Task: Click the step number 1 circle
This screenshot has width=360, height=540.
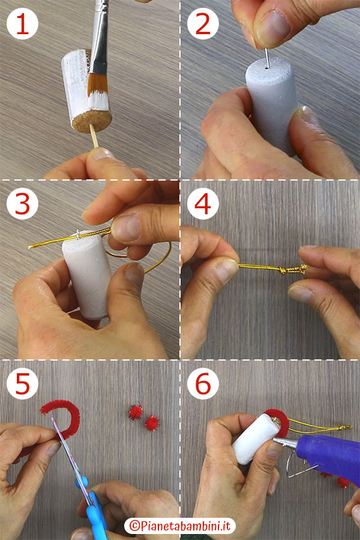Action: point(22,24)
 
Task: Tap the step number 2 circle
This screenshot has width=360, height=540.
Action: point(203,24)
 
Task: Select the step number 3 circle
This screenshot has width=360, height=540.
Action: point(22,204)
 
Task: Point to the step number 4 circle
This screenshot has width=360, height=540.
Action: point(203,204)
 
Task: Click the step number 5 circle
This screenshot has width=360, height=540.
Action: point(22,383)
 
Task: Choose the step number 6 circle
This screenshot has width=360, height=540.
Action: point(203,383)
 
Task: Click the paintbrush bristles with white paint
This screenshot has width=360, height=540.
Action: point(98,92)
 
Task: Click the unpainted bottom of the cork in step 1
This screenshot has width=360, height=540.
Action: point(92,121)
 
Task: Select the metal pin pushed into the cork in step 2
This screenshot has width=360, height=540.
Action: point(266,58)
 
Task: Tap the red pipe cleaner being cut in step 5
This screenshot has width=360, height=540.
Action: point(62,415)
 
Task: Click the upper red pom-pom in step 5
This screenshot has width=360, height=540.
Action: point(136,412)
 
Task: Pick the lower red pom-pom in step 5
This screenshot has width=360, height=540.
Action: point(152,423)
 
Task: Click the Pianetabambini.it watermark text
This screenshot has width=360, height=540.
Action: point(180,526)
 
